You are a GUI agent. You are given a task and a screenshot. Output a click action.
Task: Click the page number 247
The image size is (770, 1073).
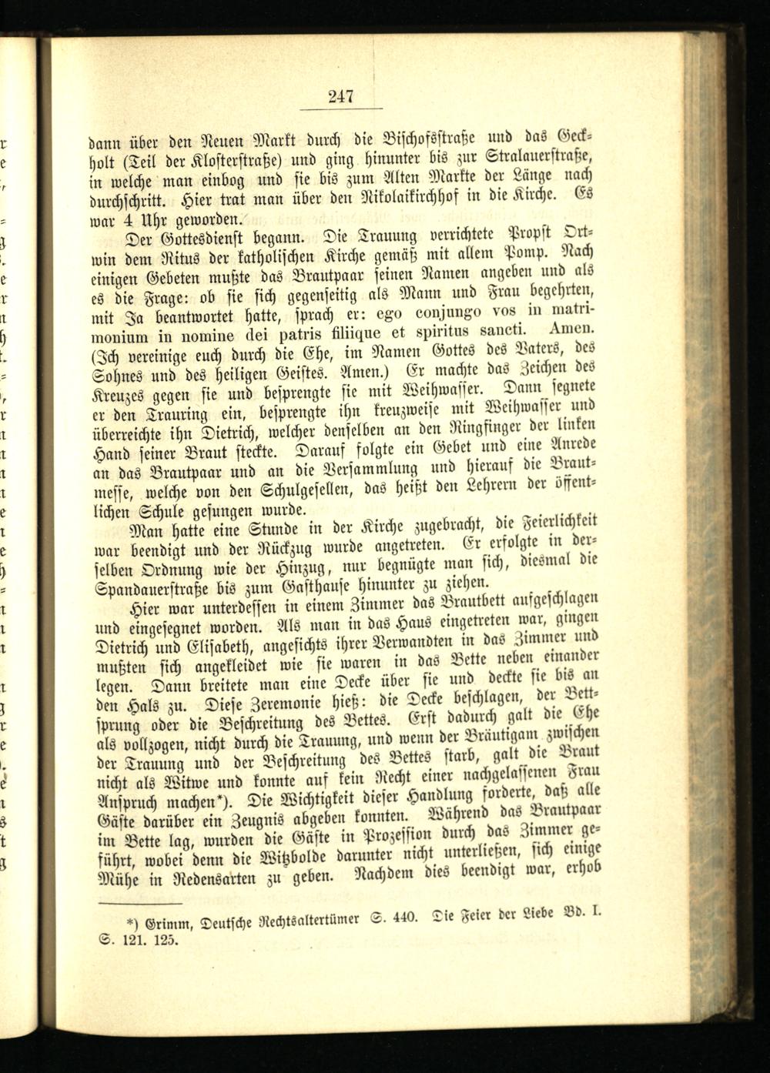(340, 96)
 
